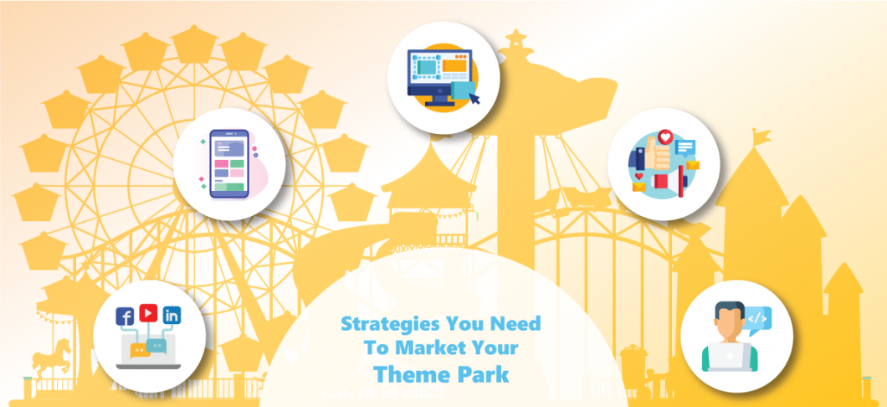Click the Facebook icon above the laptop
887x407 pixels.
126,317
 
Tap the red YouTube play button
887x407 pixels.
149,313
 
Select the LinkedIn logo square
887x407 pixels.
172,317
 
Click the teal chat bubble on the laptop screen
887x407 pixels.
156,343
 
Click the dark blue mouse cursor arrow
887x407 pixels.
475,100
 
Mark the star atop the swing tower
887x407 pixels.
516,37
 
